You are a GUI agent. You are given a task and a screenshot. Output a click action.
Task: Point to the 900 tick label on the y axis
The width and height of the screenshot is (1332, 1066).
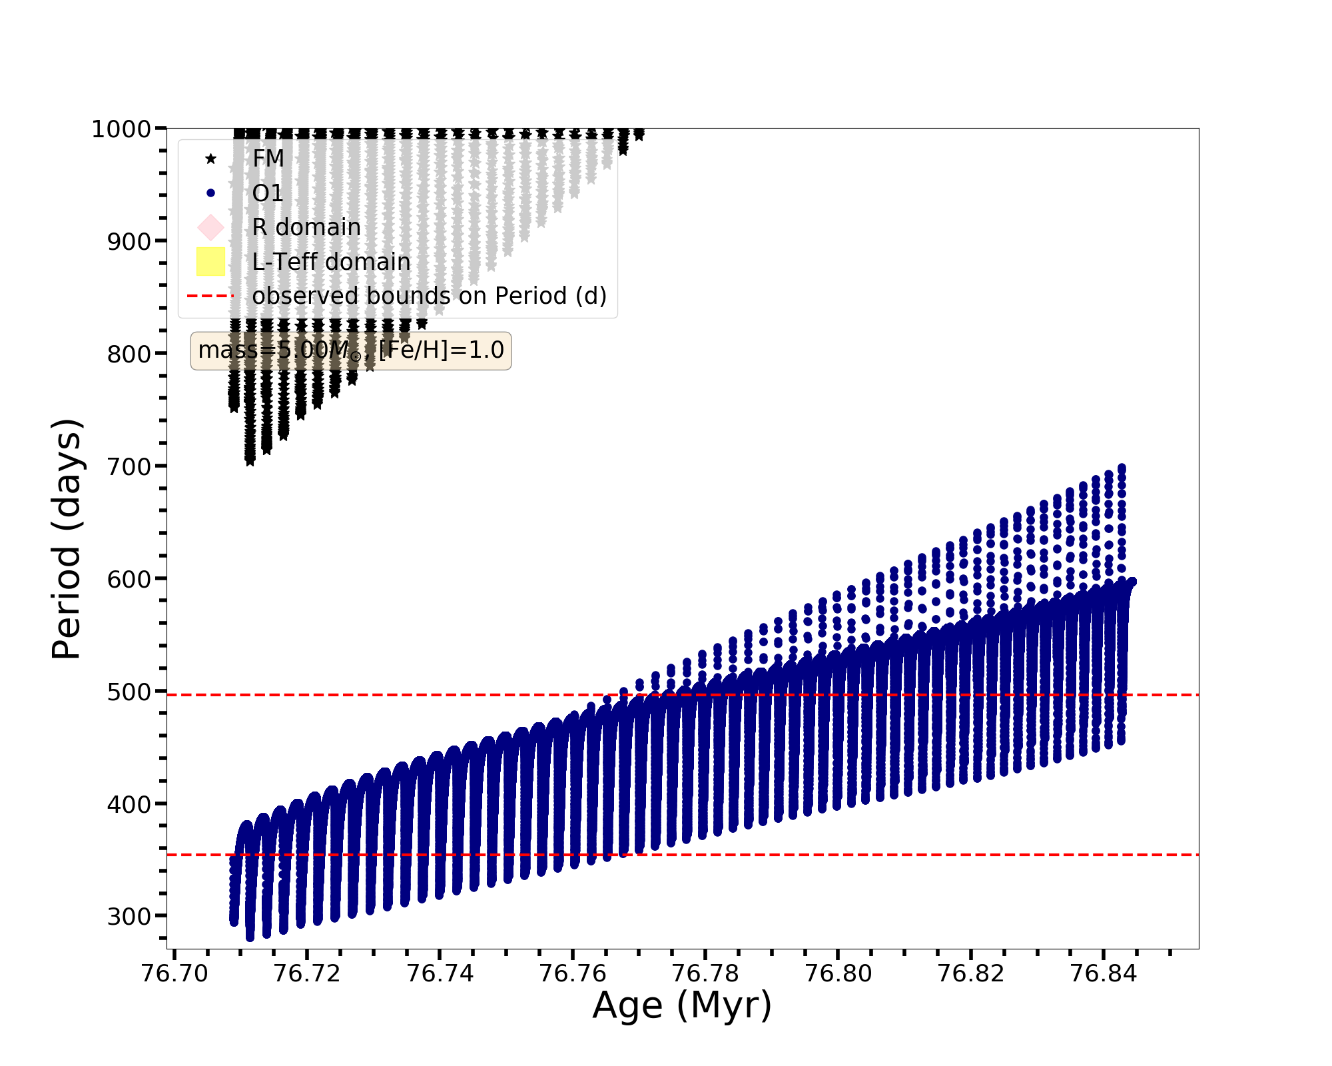coord(129,242)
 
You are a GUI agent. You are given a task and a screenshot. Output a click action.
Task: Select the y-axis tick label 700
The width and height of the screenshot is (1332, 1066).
coord(129,467)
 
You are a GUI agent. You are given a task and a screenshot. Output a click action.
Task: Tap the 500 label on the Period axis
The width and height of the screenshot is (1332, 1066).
coord(129,692)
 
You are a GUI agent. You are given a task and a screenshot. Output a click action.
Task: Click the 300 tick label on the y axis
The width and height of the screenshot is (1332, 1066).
coord(129,917)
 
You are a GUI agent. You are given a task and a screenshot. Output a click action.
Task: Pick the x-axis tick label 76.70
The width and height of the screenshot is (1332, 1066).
coord(174,974)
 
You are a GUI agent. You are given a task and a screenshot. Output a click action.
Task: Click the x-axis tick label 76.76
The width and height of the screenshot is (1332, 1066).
coord(573,974)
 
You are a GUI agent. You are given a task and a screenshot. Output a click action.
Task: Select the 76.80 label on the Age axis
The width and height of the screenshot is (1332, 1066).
coord(838,974)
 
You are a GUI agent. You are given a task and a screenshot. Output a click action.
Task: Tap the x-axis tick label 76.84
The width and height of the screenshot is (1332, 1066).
coord(1103,974)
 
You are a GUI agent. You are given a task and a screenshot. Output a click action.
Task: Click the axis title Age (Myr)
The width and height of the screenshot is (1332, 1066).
coord(682,1006)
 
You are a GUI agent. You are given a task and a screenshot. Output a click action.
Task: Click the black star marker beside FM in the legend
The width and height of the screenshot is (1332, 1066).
coord(210,159)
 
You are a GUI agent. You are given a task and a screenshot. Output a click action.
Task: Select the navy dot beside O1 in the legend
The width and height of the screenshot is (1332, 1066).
coord(210,193)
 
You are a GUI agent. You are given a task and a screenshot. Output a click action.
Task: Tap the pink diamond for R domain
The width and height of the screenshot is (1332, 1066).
coord(210,227)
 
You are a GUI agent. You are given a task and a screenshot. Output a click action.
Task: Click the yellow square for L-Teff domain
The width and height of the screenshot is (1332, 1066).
coord(210,261)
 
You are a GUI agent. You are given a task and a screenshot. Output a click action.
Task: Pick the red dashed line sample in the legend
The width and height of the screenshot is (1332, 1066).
coord(210,296)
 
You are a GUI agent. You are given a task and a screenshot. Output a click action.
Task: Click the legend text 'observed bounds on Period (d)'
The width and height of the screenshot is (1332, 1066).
coord(430,296)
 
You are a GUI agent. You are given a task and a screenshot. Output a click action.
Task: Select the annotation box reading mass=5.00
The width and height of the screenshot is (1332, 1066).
coord(351,350)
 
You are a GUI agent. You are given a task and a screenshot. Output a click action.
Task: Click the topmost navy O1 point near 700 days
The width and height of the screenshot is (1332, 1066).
coord(1122,468)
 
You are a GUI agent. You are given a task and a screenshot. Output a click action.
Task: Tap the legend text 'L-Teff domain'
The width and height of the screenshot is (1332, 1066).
coord(331,262)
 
